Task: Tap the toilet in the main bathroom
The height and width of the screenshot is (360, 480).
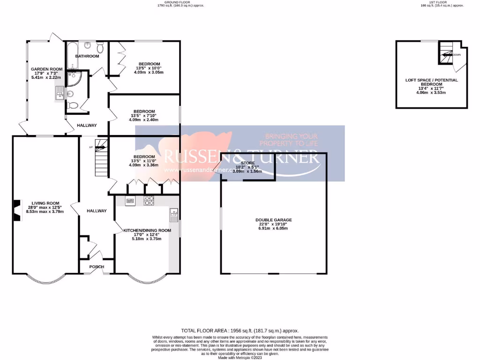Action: click(100, 48)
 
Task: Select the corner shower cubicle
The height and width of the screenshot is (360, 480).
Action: click(74, 80)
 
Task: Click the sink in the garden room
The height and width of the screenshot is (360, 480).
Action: click(60, 93)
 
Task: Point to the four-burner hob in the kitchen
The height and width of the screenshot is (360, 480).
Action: click(149, 201)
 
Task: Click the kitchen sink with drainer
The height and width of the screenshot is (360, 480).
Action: click(173, 215)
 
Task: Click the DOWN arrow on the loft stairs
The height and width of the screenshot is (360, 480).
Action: click(448, 54)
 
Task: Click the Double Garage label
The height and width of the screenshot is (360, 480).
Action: click(274, 220)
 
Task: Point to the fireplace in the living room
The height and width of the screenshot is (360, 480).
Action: click(16, 210)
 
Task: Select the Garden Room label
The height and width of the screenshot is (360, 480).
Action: click(46, 69)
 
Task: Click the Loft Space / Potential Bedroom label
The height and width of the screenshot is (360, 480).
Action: click(431, 82)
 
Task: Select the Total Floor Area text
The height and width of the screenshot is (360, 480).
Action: click(240, 330)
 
